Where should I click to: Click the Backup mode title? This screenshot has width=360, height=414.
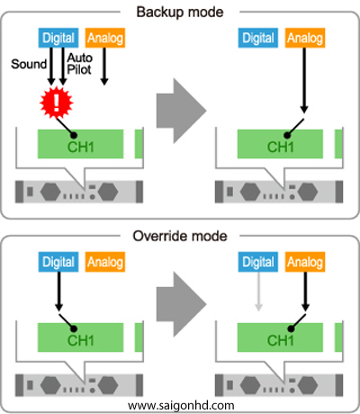pyautogui.click(x=180, y=13)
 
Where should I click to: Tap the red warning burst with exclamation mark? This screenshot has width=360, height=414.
pyautogui.click(x=57, y=103)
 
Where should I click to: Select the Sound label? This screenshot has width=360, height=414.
pyautogui.click(x=29, y=64)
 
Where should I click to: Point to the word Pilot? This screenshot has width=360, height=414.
pyautogui.click(x=79, y=69)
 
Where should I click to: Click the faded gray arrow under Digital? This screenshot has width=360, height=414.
pyautogui.click(x=258, y=292)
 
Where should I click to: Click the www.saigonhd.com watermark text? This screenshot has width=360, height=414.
pyautogui.click(x=181, y=406)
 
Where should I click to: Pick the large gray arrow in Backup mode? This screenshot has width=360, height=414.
pyautogui.click(x=182, y=111)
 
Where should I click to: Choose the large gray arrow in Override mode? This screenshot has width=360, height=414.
pyautogui.click(x=182, y=304)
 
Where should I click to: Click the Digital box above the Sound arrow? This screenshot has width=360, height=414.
pyautogui.click(x=58, y=38)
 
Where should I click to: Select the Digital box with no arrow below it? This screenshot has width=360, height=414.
pyautogui.click(x=258, y=38)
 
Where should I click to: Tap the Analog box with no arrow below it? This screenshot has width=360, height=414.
pyautogui.click(x=105, y=262)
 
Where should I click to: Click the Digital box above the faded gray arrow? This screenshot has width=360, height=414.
pyautogui.click(x=258, y=262)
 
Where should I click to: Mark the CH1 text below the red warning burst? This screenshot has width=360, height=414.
pyautogui.click(x=81, y=147)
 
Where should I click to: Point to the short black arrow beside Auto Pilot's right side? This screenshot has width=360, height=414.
pyautogui.click(x=104, y=67)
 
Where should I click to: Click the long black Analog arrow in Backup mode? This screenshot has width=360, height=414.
pyautogui.click(x=304, y=80)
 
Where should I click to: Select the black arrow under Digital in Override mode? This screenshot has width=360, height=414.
pyautogui.click(x=58, y=292)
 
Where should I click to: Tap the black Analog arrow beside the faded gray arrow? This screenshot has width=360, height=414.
pyautogui.click(x=305, y=292)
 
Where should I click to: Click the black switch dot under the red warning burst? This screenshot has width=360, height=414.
pyautogui.click(x=74, y=135)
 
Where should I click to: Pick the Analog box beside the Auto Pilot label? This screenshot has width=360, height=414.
pyautogui.click(x=105, y=38)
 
